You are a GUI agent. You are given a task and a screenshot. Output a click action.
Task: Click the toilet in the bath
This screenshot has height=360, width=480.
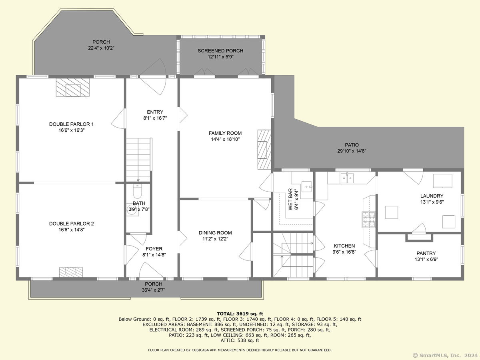pos(137,191)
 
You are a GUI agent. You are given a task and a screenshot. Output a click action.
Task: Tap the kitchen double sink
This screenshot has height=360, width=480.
pos(347,178)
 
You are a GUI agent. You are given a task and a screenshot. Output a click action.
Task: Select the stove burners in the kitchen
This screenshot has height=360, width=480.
pos(369,220)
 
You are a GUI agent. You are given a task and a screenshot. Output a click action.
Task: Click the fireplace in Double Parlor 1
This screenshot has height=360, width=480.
pos(73,88)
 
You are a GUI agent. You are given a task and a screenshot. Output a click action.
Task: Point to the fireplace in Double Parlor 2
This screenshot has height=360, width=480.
pos(71,272)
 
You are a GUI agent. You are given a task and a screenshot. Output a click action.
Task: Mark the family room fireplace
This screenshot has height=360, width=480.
pos(264,150)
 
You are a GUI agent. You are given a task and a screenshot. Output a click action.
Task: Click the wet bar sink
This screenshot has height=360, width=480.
pos(306,186)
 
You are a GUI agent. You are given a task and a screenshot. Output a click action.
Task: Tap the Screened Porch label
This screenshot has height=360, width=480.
pos(220,51)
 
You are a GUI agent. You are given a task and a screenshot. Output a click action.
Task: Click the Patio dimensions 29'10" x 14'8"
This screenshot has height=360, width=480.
pos(352,151)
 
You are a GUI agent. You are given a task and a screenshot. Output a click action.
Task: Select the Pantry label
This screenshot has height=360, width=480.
pos(426,253)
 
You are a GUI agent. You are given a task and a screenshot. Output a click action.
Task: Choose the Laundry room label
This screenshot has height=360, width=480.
pos(432,196)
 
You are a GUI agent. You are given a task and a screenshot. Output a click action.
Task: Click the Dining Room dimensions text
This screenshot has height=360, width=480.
pos(215,239)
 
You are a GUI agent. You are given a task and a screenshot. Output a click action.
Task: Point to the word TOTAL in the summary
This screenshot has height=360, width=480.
pos(226,314)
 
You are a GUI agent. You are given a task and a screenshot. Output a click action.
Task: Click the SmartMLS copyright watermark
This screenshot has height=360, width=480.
pos(445,355)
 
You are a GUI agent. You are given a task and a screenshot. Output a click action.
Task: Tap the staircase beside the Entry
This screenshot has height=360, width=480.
pos(138,160)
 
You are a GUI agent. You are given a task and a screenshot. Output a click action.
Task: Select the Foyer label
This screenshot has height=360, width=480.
pos(154,249)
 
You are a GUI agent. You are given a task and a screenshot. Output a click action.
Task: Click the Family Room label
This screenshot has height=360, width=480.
pos(225,133)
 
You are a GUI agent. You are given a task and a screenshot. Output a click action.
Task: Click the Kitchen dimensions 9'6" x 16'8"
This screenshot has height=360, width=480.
pos(344,252)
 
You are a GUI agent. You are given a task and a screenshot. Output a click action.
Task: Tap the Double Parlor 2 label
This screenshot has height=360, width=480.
pos(72,224)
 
